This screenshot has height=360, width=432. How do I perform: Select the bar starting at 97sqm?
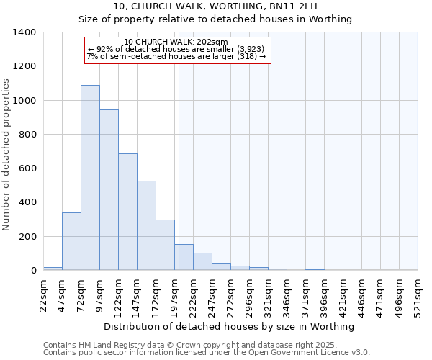click(x=109, y=190)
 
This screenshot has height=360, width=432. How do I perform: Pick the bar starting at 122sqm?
click(x=127, y=212)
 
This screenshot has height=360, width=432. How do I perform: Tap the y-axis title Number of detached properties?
click(x=7, y=151)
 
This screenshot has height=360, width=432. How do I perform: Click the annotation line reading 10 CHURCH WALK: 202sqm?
click(x=176, y=42)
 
